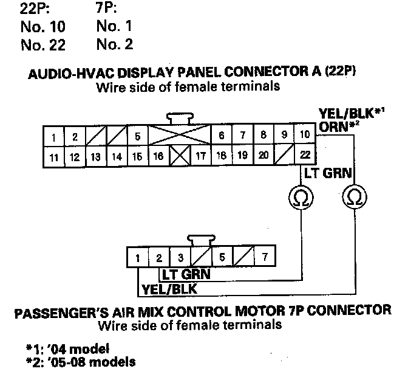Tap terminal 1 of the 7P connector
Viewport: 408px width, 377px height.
coord(138,258)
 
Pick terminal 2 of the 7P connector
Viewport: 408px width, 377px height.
coord(159,258)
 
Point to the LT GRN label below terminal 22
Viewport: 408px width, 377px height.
coord(328,173)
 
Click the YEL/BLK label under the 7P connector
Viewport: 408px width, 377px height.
coord(169,288)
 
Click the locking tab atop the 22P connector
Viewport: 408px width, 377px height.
coord(180,118)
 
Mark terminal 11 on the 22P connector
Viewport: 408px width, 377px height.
coord(54,156)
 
